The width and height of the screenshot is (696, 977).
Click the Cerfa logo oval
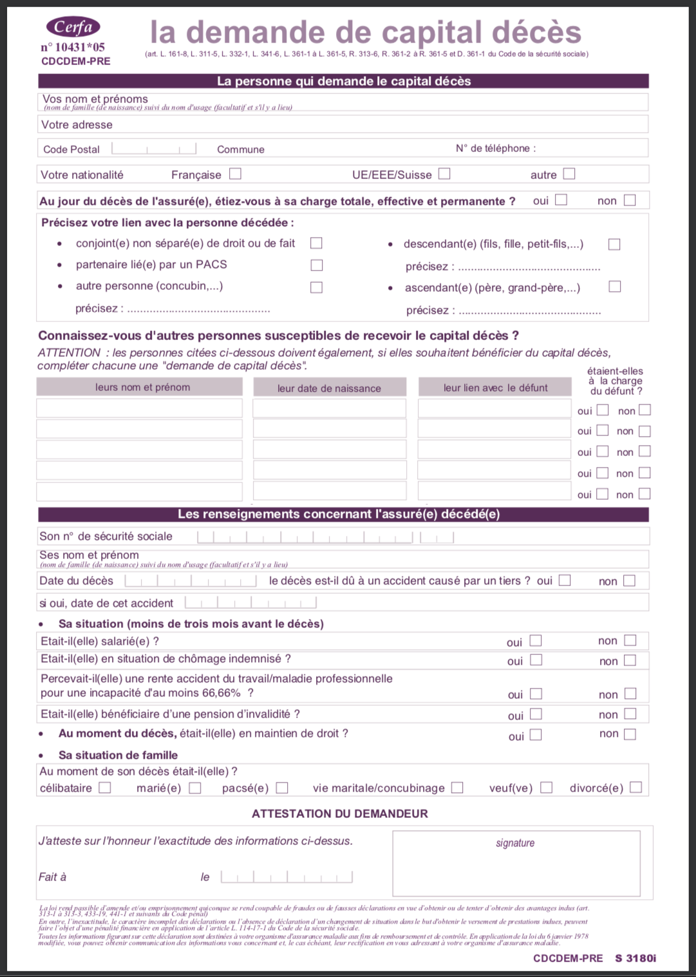click(x=73, y=26)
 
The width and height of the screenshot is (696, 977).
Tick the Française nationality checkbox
click(x=235, y=174)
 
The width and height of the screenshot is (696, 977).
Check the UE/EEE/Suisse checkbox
click(x=444, y=174)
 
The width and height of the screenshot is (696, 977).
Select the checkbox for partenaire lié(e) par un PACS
click(x=316, y=265)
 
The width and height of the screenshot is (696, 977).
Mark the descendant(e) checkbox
click(x=614, y=245)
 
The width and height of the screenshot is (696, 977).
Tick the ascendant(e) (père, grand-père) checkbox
click(x=615, y=287)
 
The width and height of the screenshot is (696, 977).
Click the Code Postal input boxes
click(x=154, y=149)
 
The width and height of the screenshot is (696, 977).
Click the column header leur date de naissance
click(x=329, y=388)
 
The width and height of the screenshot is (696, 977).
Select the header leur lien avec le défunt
click(x=495, y=387)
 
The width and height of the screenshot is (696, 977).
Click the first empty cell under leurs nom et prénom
click(x=139, y=408)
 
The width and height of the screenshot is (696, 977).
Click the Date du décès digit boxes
click(x=191, y=581)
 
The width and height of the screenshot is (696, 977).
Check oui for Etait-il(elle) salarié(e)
click(x=536, y=641)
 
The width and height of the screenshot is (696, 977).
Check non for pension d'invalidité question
click(x=630, y=714)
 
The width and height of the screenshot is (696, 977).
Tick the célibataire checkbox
click(x=105, y=788)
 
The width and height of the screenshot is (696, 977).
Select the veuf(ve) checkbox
click(x=546, y=788)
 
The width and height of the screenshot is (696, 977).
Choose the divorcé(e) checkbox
click(x=635, y=788)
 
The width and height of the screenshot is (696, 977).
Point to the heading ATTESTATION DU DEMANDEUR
click(x=340, y=813)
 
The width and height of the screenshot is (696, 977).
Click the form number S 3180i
click(x=635, y=958)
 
